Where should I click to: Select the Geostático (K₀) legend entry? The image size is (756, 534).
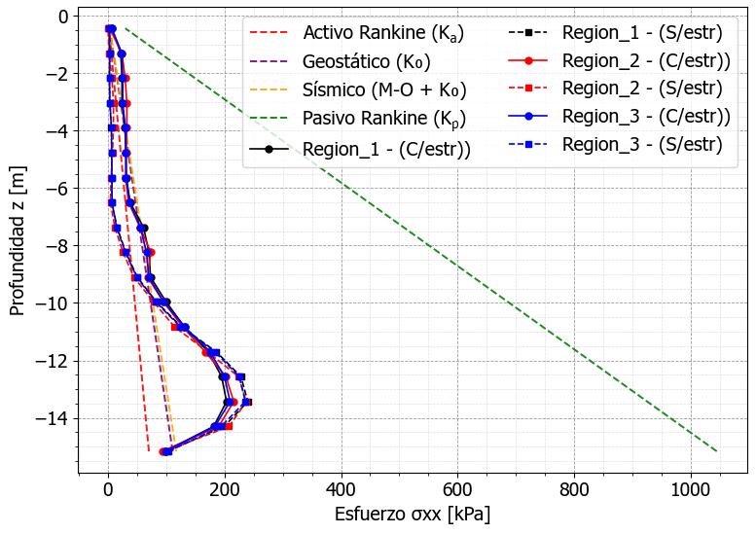click(367, 62)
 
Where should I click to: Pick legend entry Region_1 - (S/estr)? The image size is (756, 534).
click(642, 33)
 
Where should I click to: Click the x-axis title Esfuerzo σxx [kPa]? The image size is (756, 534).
click(412, 514)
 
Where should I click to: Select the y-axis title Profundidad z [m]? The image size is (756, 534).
click(17, 245)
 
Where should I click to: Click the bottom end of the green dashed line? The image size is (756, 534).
click(717, 451)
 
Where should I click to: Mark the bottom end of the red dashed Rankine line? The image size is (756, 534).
click(149, 451)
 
